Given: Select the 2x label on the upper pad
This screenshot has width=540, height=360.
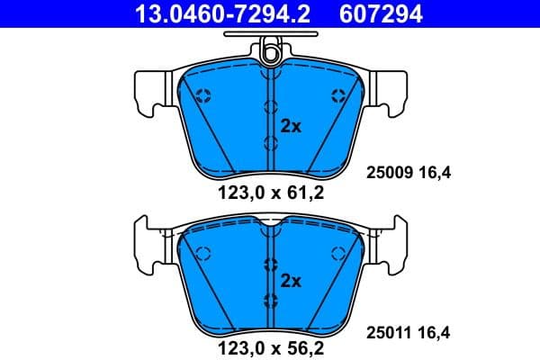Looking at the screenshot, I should click(290, 127).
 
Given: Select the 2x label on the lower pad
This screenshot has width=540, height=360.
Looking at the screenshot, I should click(290, 280).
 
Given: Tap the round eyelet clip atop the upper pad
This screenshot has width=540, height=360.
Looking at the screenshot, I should click(270, 56).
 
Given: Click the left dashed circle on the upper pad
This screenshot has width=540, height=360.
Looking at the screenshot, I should click(202, 95).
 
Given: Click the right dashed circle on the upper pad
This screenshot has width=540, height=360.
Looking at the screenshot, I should click(338, 95).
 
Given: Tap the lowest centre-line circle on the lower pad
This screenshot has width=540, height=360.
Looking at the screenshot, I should click(270, 299).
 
